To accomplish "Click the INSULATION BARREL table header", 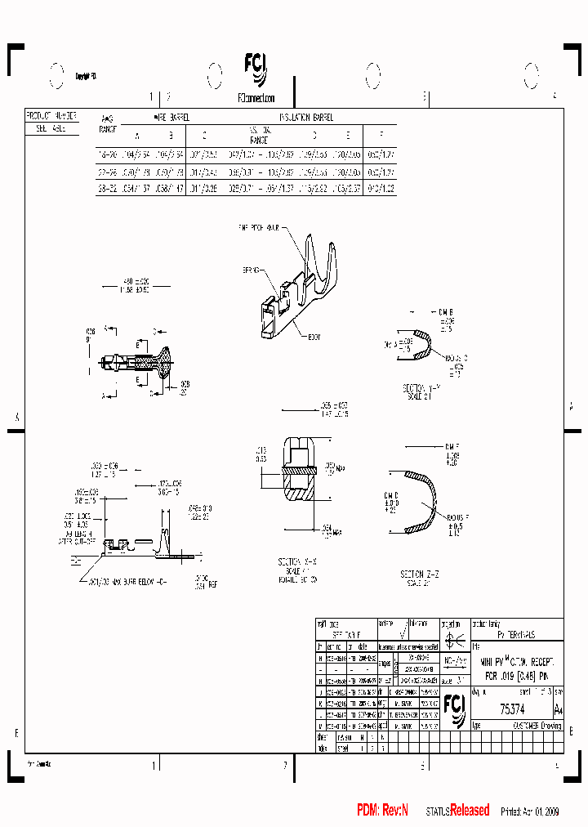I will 306,117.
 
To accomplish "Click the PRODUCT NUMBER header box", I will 51,116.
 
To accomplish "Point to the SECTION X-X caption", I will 298,564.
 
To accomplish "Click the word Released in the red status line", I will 470,810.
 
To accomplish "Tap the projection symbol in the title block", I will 455,639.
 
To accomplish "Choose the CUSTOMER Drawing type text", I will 537,725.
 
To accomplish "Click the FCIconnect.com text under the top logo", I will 256,96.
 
